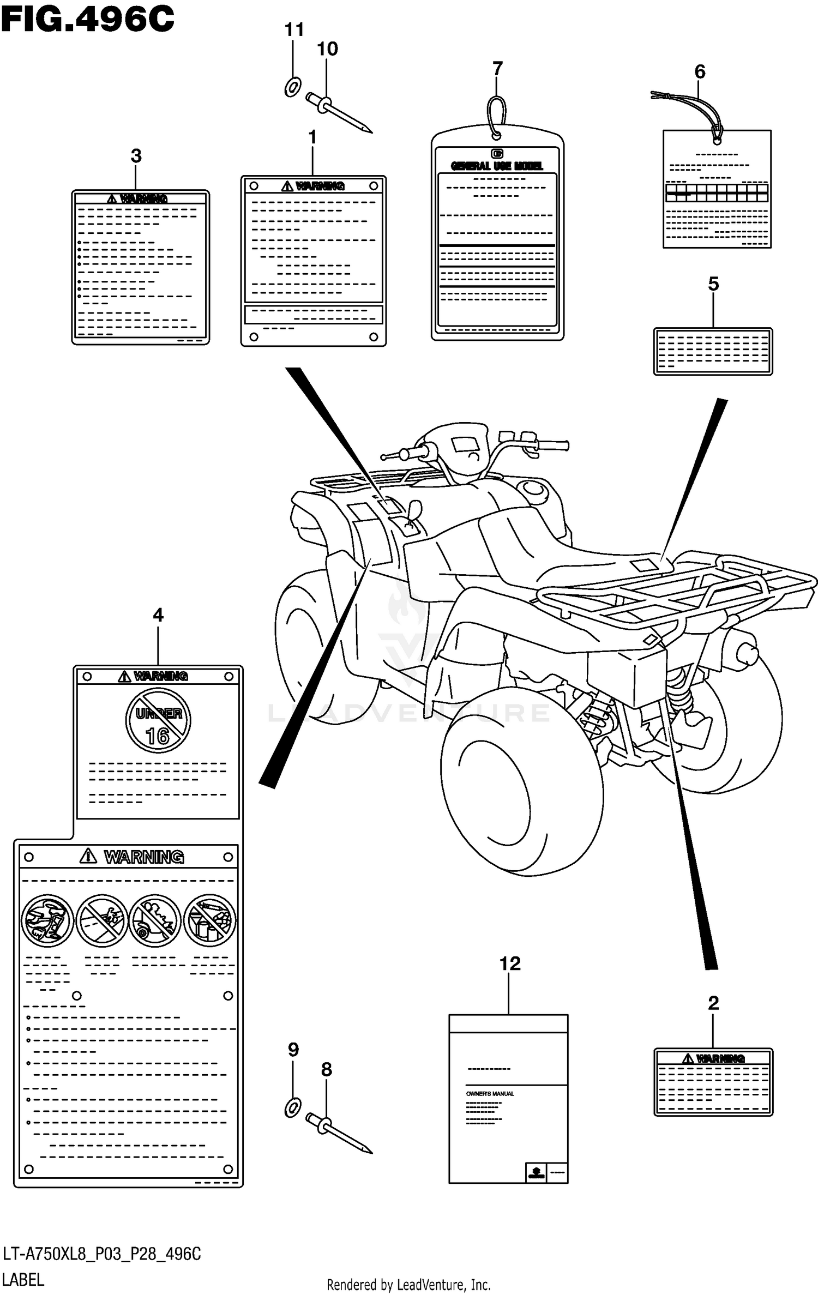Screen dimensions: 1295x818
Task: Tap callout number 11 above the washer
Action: [294, 29]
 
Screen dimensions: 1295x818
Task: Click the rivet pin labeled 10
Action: [338, 113]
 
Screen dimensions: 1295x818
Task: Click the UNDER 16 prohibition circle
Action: [158, 720]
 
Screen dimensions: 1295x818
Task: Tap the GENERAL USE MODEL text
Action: [496, 166]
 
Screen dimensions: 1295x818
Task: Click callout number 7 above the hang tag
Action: [497, 69]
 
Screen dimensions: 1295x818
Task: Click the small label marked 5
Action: [713, 351]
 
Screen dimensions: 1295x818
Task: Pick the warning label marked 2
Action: [713, 1082]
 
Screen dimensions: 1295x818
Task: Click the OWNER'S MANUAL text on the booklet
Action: [490, 1094]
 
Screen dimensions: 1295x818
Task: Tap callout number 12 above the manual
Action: [510, 963]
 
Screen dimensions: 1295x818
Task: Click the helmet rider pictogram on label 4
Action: [47, 920]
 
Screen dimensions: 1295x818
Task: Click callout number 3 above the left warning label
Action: [136, 156]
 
